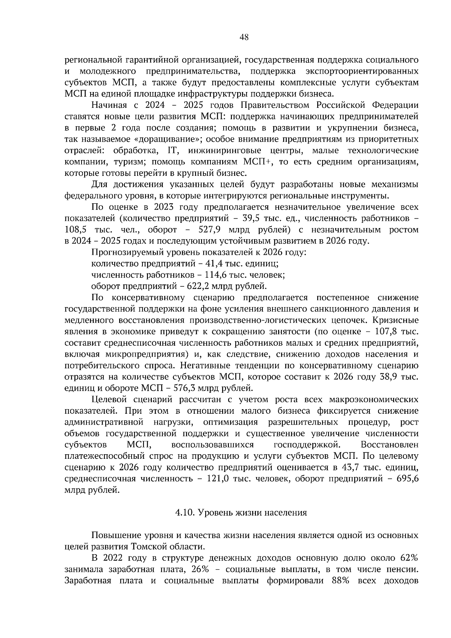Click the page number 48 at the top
coord(244,37)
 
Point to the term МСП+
coord(259,162)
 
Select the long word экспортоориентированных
coord(362,71)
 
